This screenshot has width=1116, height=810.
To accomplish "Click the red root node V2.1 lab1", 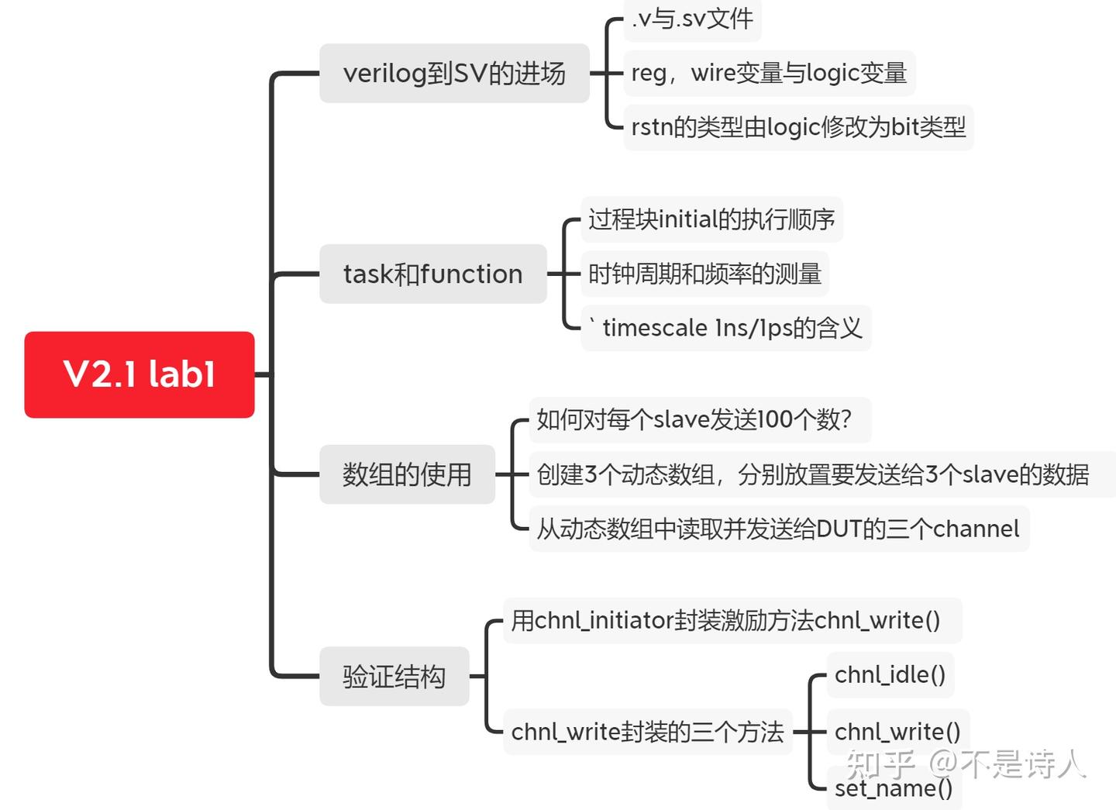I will coord(139,374).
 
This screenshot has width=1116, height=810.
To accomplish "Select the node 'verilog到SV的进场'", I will coord(454,74).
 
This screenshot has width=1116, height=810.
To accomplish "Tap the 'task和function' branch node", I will coord(432,274).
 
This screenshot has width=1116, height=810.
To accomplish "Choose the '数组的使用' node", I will coord(407,474).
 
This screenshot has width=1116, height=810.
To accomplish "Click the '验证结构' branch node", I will coord(394,676).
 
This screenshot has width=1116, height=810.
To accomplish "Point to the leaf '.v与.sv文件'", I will coord(692,19).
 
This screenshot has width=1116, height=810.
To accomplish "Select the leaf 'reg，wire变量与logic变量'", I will coord(769,73).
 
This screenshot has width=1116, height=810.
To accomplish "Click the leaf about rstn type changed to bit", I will coord(798,127).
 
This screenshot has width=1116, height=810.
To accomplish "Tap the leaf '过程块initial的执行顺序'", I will coord(711,219).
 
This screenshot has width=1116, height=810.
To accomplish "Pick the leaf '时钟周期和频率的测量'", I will coord(704,274).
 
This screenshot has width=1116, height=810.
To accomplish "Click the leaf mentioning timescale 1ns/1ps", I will coord(726,328).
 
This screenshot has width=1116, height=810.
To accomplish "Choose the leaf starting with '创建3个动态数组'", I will coord(813,474).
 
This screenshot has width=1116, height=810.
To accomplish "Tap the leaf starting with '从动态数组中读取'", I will coord(778,529).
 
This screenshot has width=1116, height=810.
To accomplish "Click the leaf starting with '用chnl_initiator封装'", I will coord(725,620).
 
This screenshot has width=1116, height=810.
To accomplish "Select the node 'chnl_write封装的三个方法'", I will coord(647,732).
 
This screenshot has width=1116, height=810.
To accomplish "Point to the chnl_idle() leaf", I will coord(890,674).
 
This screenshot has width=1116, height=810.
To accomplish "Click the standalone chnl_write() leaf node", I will coord(897,731).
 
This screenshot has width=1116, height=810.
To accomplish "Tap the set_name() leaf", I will coord(894,788).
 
